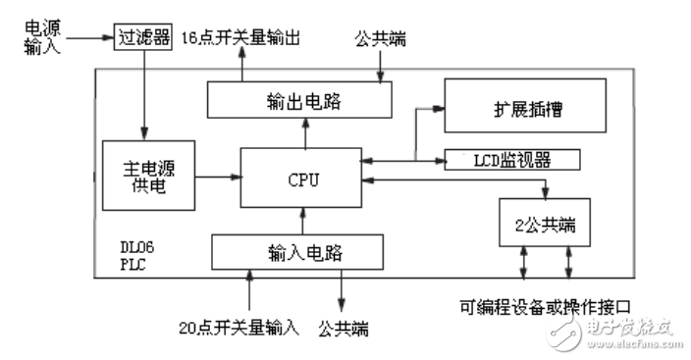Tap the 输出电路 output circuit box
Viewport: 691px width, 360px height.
click(x=299, y=100)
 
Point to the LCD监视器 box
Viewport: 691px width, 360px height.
click(x=512, y=159)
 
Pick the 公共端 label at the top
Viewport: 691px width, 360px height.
click(x=377, y=44)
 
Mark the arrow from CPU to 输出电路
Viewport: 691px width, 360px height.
click(x=304, y=132)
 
